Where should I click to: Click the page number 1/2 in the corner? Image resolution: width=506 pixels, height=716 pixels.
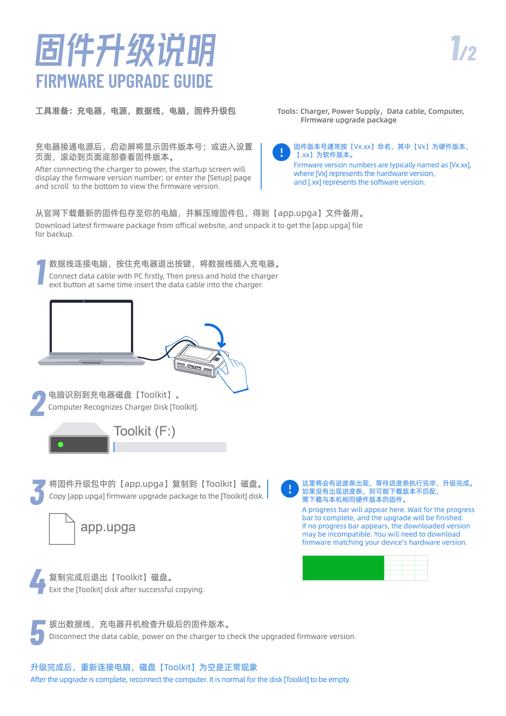(x=464, y=48)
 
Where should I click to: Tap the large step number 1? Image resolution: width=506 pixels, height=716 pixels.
(x=41, y=272)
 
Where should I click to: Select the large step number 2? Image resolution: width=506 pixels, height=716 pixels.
(x=38, y=403)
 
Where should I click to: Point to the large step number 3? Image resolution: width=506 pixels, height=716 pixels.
(x=38, y=492)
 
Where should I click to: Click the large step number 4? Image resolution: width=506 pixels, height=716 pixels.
(x=38, y=581)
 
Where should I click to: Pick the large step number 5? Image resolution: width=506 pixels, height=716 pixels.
(x=38, y=633)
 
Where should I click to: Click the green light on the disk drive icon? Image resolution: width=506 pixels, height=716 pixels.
(x=60, y=445)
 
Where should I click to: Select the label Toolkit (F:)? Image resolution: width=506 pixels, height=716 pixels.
(x=144, y=431)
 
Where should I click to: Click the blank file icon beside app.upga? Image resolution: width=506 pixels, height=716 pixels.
(x=62, y=529)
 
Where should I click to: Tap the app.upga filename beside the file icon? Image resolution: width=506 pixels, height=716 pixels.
(x=108, y=527)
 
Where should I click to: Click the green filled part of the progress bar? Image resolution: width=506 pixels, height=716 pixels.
(x=343, y=568)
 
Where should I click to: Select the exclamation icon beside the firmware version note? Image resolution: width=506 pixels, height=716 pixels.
(x=282, y=152)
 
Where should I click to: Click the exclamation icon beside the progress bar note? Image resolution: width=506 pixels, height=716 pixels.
(x=290, y=489)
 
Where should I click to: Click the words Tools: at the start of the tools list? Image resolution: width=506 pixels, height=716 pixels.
(x=288, y=111)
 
